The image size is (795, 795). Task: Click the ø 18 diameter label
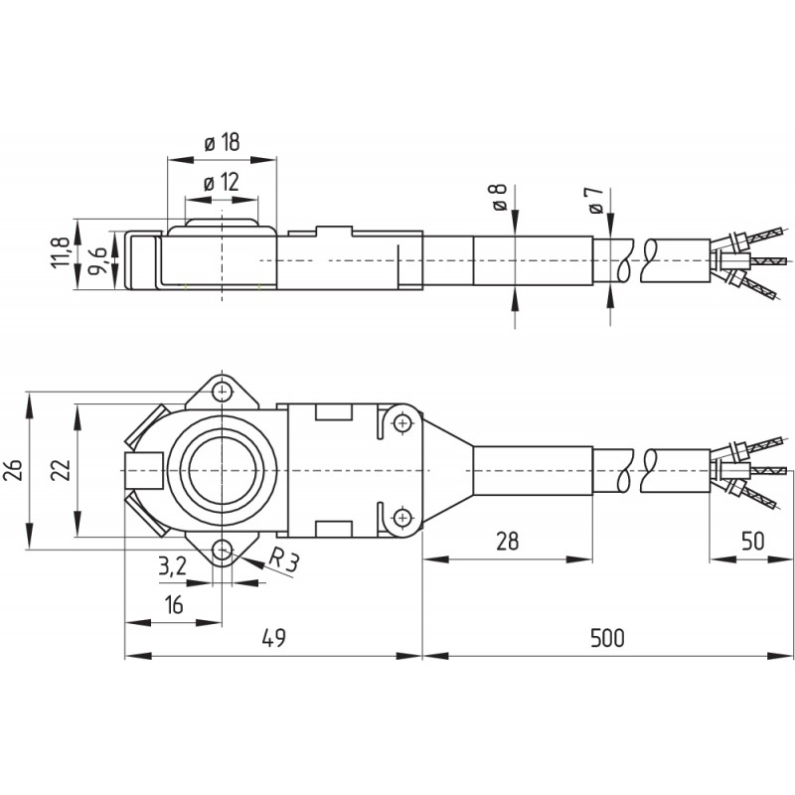coord(222,142)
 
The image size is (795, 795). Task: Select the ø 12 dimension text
coord(221,183)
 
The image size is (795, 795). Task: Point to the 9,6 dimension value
coord(96,260)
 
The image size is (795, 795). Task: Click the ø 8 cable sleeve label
coord(498,198)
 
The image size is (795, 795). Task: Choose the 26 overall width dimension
coord(13,470)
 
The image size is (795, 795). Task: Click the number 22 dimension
coord(60,470)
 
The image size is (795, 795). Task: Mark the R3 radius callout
coord(283,562)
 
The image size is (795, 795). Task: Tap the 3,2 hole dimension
coord(172,565)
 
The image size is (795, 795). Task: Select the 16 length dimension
coord(173,605)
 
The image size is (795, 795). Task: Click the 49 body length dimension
coord(274,638)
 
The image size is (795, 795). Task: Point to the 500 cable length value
coord(607,638)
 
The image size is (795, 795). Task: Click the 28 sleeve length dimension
coord(507,542)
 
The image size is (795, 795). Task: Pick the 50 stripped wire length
coord(752,542)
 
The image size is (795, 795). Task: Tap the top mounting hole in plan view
coord(222,392)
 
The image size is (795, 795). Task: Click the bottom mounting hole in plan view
coord(222,550)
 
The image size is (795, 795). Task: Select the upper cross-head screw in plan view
coord(402,422)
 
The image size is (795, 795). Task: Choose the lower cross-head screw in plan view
coord(402,518)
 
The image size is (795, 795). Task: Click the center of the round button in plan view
coord(222,470)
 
